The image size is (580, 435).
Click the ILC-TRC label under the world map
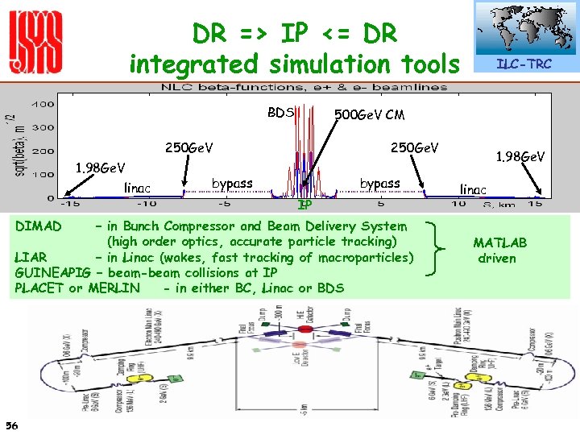coord(524,64)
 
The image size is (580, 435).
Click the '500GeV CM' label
coord(370,114)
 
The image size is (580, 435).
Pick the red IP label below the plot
coord(304,205)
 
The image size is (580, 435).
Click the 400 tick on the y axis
coord(43,105)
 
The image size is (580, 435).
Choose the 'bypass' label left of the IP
coord(231,184)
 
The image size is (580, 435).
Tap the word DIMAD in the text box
coord(39,226)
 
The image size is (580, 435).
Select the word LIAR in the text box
coord(31,258)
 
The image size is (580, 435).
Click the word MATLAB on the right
coord(499,242)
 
